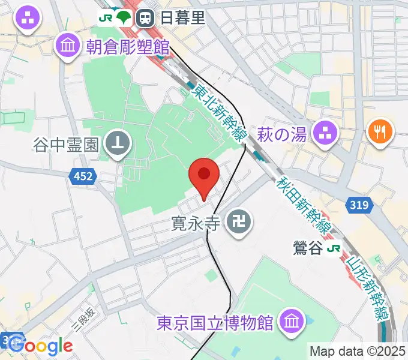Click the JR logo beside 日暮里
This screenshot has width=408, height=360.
tap(106, 19)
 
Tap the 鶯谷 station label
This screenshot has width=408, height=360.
tap(308, 248)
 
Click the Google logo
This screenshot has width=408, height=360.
tap(40, 346)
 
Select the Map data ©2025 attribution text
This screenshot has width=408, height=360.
tap(357, 351)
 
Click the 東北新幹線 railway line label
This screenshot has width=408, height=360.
tap(219, 112)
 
